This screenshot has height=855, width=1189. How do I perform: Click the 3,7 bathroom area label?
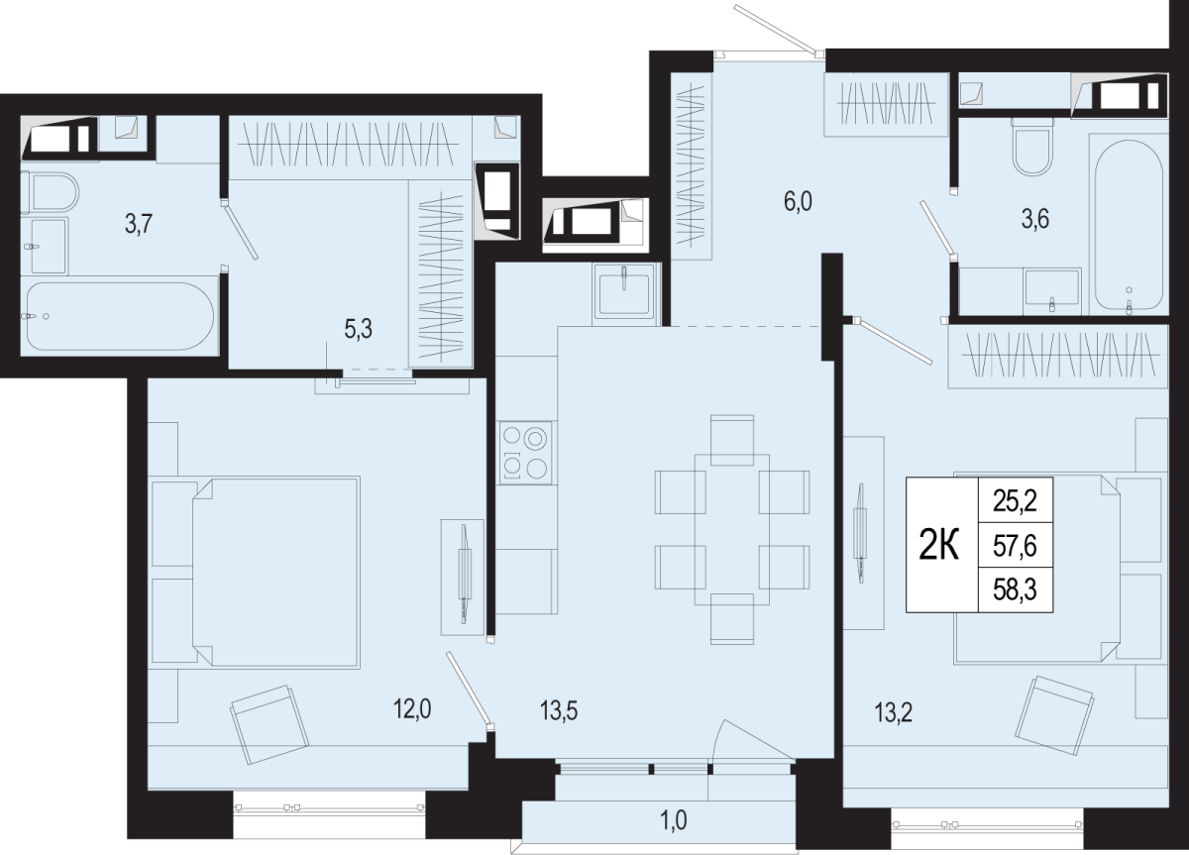point(139,224)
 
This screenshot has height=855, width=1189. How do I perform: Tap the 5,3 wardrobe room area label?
point(359,329)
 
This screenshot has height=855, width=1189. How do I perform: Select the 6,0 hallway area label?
point(798,202)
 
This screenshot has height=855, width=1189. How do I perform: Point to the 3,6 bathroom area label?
point(1035,219)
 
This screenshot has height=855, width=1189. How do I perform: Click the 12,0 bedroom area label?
point(412,708)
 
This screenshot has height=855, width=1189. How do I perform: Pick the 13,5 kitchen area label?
point(559,710)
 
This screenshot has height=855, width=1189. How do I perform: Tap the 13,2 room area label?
point(894,712)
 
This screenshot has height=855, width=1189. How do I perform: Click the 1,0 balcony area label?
point(674,820)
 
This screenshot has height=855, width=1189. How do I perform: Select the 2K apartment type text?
point(939,547)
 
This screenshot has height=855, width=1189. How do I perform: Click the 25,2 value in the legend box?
point(1015,501)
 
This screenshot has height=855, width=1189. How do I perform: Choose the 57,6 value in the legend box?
point(1015,546)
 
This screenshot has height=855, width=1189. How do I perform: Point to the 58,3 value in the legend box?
point(1015,589)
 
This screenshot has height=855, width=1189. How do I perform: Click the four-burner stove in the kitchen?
point(524,453)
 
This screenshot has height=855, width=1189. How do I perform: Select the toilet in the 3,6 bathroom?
point(1031,147)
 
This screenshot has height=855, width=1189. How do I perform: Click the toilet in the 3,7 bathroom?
point(50,192)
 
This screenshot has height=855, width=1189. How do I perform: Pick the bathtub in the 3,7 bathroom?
point(120,316)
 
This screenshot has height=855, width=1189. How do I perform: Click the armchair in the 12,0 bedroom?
point(270,724)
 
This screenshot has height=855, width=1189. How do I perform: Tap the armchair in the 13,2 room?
point(1054,715)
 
